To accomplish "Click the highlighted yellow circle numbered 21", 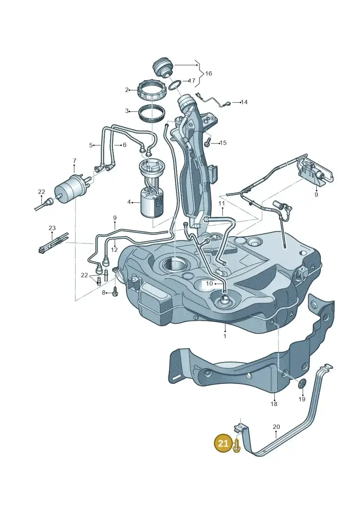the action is tap(223, 443).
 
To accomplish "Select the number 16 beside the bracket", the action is tap(208, 73).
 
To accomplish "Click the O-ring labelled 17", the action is tap(175, 85).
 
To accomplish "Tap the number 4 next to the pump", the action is tap(129, 202).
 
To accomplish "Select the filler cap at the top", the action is tap(162, 67).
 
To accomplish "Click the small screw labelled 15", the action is tap(207, 141).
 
